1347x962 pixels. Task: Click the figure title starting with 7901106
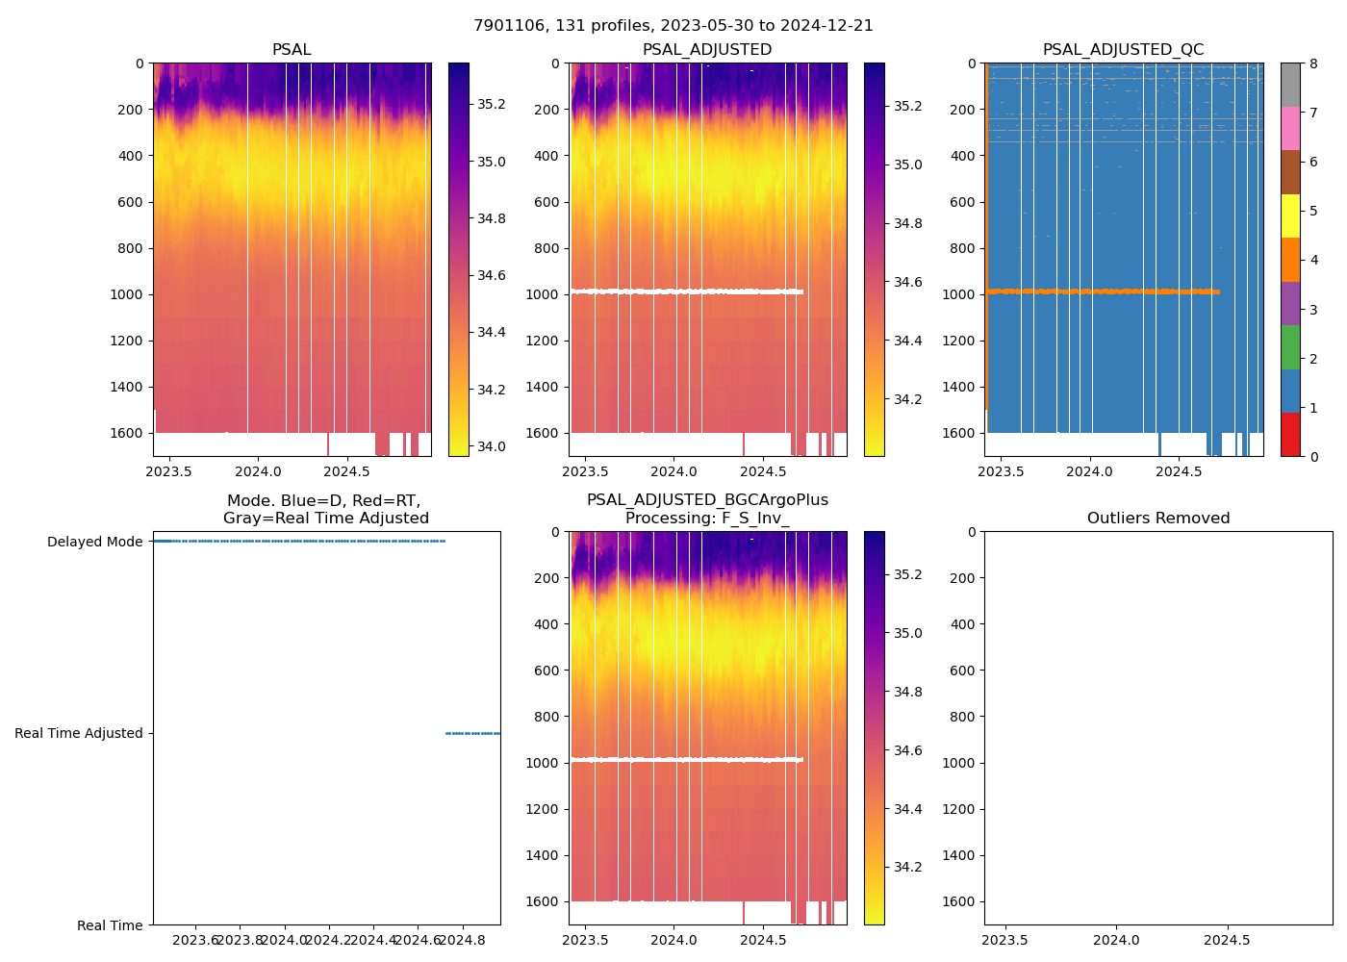(x=673, y=26)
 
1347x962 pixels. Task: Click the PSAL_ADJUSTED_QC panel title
(x=1123, y=50)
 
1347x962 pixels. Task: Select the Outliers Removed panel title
(x=1158, y=519)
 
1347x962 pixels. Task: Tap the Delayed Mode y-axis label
(x=95, y=542)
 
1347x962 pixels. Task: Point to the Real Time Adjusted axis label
(x=79, y=733)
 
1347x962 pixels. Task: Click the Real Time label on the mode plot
(x=110, y=925)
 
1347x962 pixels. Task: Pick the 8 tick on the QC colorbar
(x=1314, y=63)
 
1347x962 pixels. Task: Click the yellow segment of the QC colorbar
(x=1290, y=216)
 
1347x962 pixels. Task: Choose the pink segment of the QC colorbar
(x=1290, y=128)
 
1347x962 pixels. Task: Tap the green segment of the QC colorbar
(x=1290, y=347)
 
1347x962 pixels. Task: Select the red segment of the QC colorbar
(x=1290, y=435)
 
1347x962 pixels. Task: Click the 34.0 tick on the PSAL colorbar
(x=492, y=446)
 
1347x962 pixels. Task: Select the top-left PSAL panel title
(x=292, y=50)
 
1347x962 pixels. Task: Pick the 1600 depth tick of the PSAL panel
(x=127, y=433)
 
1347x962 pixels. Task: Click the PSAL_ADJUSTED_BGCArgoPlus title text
(x=707, y=500)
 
